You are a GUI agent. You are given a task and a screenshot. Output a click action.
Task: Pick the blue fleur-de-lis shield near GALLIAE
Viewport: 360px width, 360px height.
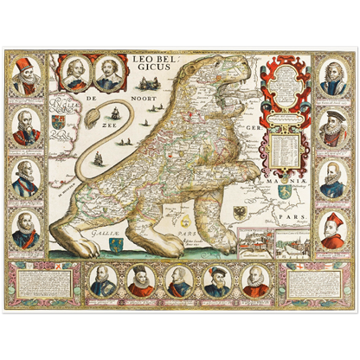coord(115,246)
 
